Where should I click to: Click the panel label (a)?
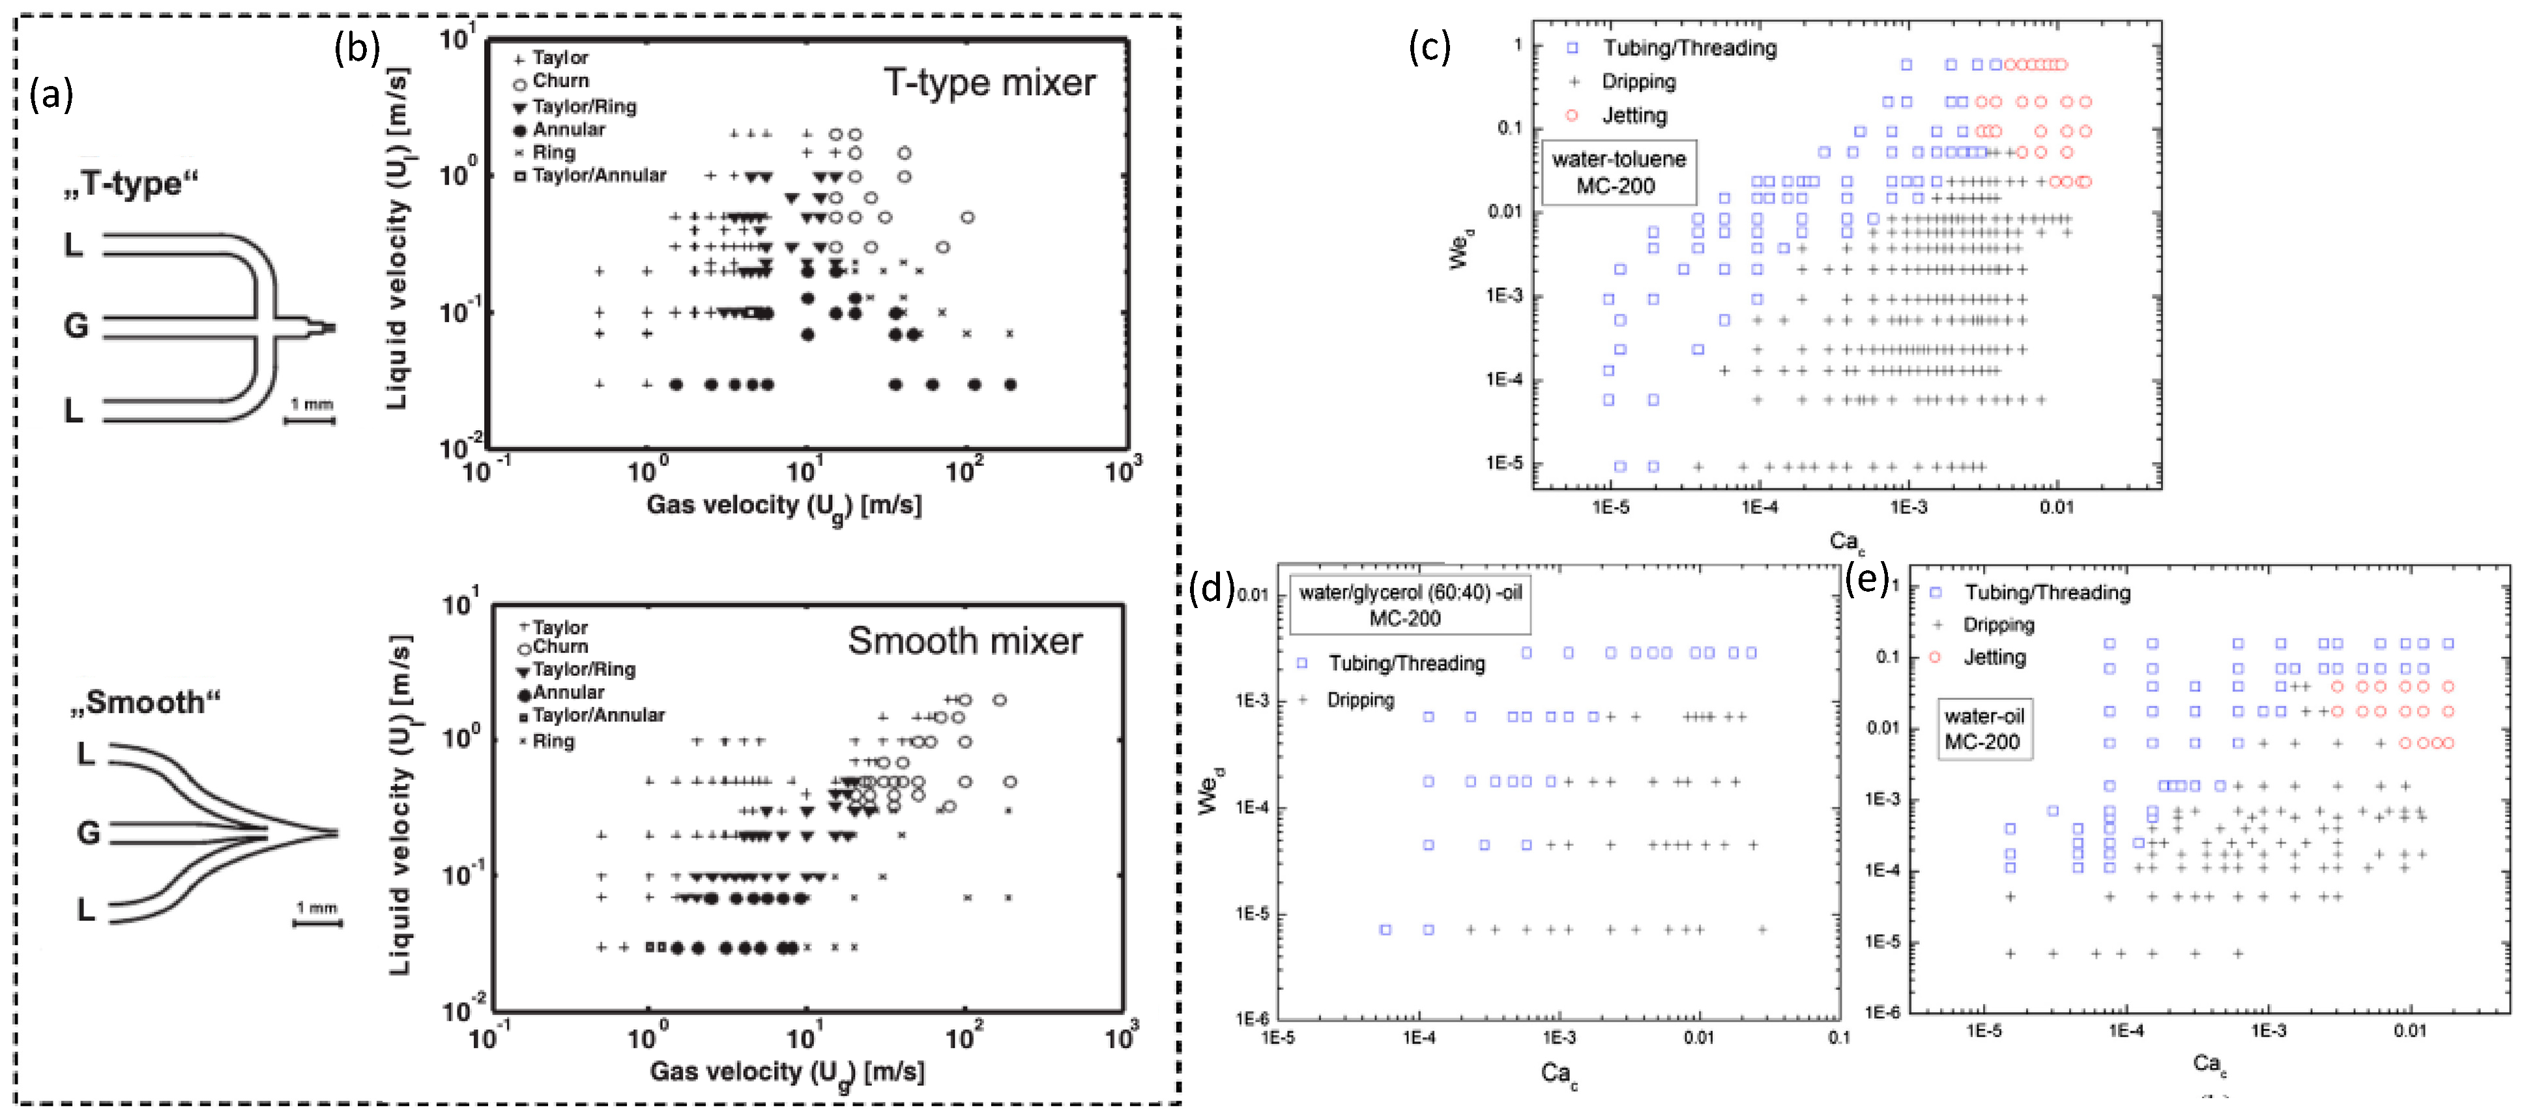[51, 95]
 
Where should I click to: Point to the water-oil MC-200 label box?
[1983, 728]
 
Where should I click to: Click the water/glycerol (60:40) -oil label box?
[1409, 605]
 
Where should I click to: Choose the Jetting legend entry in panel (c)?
[1633, 115]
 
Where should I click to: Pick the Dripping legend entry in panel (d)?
[1359, 700]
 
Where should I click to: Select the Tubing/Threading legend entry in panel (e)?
[2046, 593]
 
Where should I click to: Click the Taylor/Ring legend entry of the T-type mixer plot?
[583, 106]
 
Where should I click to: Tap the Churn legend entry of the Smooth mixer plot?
[559, 647]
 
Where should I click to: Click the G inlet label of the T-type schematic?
[76, 325]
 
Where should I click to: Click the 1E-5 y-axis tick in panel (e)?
[1881, 942]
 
